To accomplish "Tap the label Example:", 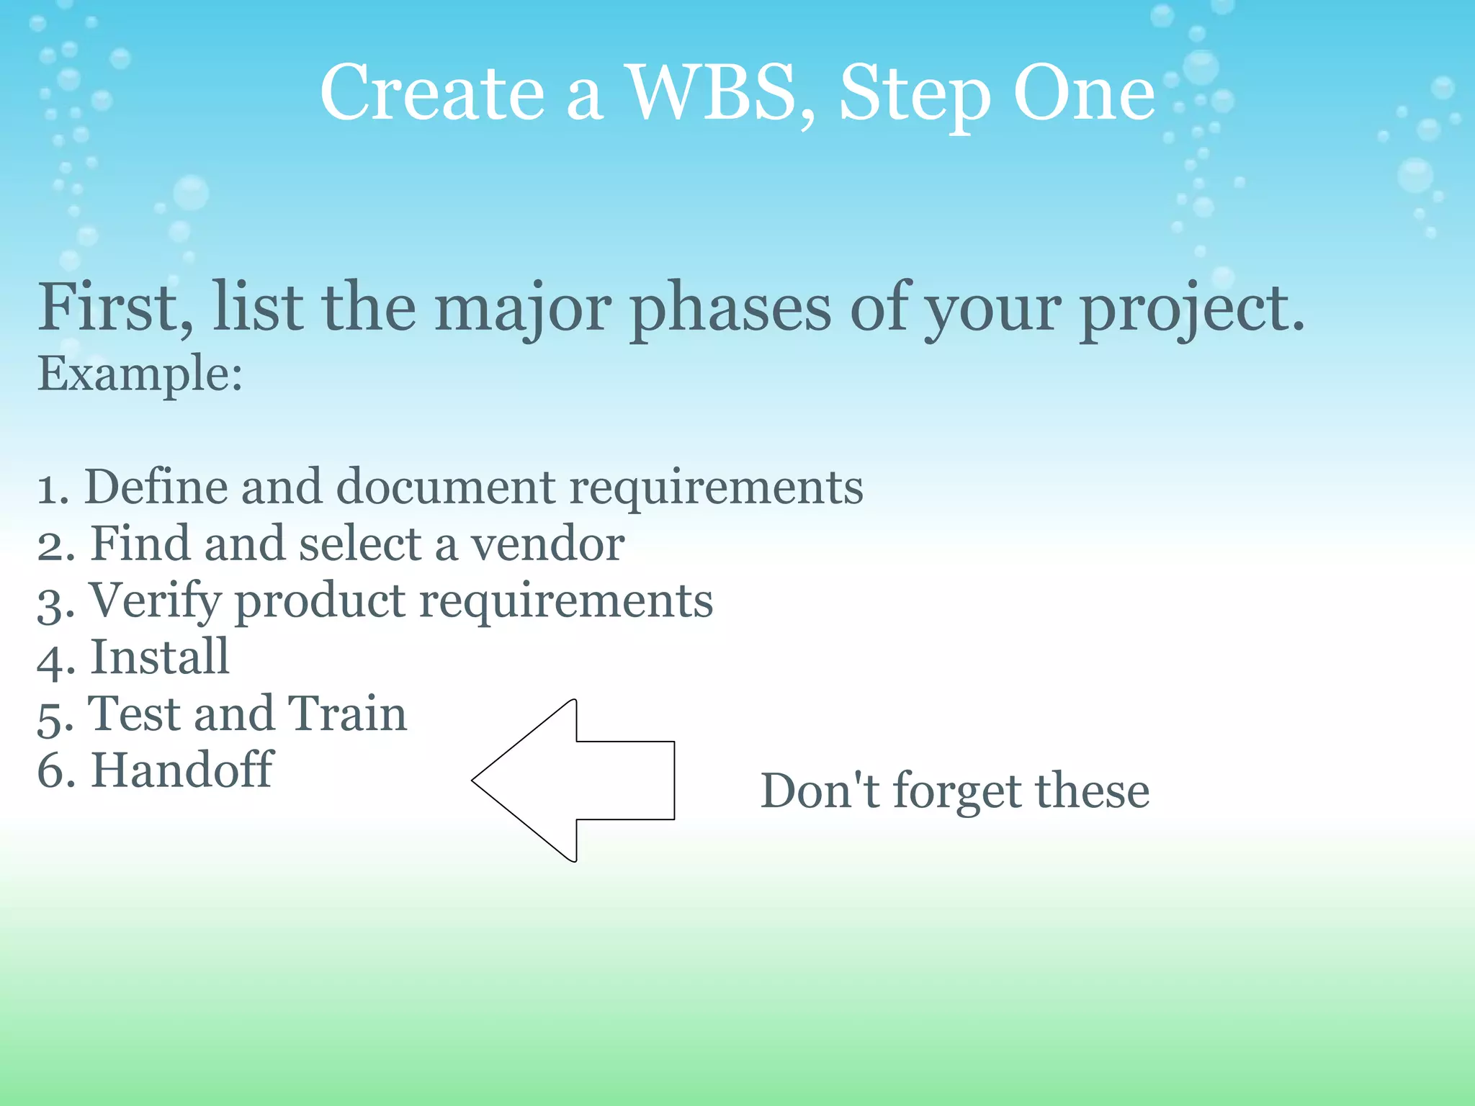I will point(140,374).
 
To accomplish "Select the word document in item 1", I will point(445,487).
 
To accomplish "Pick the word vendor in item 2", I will point(547,544).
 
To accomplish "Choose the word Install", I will point(160,657).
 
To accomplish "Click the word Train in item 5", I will point(347,714).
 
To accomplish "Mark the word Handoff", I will point(181,770).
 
